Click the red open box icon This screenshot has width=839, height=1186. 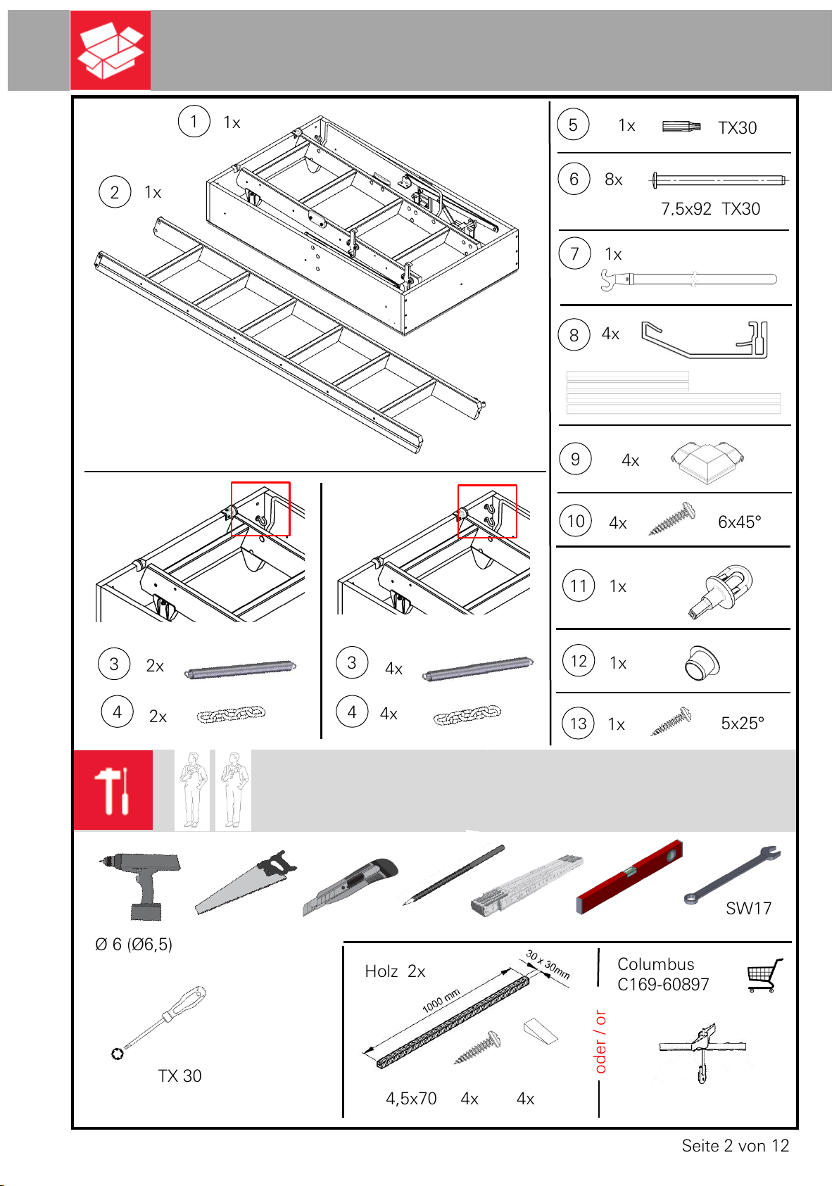111,50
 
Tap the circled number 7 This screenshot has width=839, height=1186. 574,253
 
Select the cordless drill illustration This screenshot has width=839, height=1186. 140,885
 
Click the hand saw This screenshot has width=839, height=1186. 246,883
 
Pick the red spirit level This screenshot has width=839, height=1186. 629,877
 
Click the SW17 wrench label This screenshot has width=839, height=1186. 748,909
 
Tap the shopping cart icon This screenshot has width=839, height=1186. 764,975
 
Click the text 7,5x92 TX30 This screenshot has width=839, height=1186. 709,209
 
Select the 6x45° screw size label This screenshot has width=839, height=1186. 740,522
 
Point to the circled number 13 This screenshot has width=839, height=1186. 578,724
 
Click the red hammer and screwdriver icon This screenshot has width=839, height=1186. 113,790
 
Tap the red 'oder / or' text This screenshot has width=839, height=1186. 600,1042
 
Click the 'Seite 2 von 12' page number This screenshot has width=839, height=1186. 736,1146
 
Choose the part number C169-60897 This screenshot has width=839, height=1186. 663,985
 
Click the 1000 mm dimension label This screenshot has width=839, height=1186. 441,1001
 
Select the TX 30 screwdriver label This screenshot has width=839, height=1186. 180,1076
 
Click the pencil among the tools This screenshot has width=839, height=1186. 454,875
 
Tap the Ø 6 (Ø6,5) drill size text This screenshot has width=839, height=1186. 134,945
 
